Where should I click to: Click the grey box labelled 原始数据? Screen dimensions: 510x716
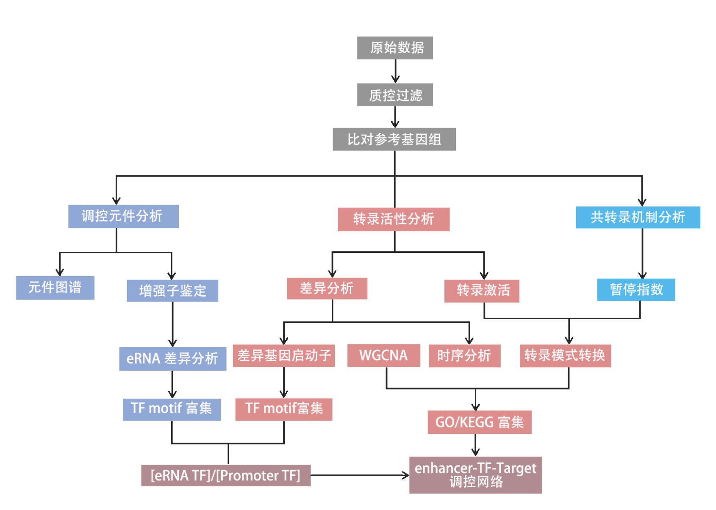[395, 48]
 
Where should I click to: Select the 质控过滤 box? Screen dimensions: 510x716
[395, 95]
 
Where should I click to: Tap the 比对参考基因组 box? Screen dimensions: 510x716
[394, 139]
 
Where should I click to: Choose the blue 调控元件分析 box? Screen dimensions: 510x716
[123, 216]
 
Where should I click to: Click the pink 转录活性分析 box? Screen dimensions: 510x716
[394, 219]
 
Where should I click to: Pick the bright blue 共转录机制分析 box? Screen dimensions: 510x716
[638, 217]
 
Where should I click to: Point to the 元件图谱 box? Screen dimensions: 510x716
[55, 288]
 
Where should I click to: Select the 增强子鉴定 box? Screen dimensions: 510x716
[172, 291]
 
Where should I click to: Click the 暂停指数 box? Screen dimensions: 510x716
[636, 290]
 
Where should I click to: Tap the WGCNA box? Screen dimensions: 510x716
[383, 355]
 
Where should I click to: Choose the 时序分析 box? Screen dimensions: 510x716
[464, 356]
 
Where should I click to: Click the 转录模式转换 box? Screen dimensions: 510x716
[565, 355]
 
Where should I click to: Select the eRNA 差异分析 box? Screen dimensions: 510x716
[172, 359]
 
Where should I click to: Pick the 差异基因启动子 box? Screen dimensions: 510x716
[284, 356]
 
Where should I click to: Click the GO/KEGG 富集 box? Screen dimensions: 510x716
[479, 422]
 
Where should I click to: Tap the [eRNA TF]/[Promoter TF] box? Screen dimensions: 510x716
[226, 476]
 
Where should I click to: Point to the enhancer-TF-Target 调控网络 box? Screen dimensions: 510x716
[475, 475]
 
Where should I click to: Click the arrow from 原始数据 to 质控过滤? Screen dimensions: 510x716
[395, 71]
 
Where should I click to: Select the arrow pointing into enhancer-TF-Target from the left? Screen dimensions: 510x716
[360, 475]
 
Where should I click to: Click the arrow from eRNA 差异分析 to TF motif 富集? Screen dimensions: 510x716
[172, 385]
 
